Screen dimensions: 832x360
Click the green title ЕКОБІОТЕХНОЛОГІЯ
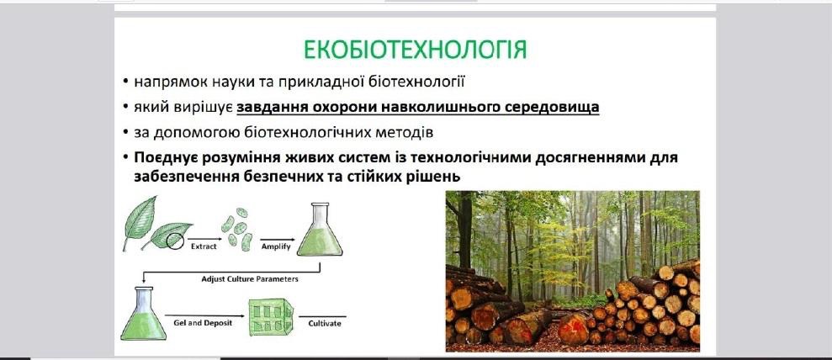coord(415,50)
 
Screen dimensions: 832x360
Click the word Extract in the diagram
coord(204,246)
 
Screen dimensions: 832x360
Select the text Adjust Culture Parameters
coord(249,278)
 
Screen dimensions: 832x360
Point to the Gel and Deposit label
coord(204,322)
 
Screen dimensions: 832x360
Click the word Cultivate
coord(325,322)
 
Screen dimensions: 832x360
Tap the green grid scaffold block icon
coord(271,317)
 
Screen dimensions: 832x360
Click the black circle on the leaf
coord(175,241)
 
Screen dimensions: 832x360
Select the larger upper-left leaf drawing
coord(140,220)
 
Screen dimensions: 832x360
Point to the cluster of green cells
coord(237,229)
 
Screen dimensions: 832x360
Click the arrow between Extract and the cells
coord(200,240)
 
